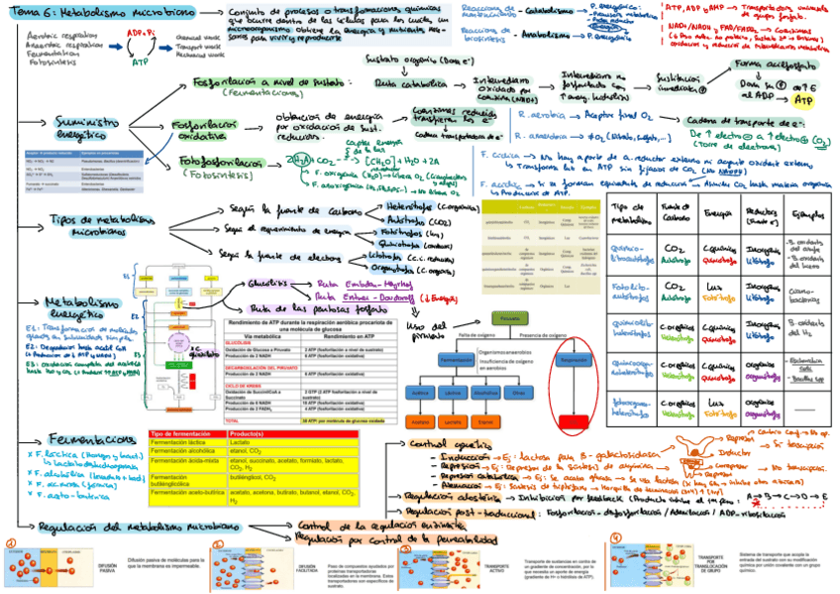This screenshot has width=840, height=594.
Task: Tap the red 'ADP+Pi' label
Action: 138,32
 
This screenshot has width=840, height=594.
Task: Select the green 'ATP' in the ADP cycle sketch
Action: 140,61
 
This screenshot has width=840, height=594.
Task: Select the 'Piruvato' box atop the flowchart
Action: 505,320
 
